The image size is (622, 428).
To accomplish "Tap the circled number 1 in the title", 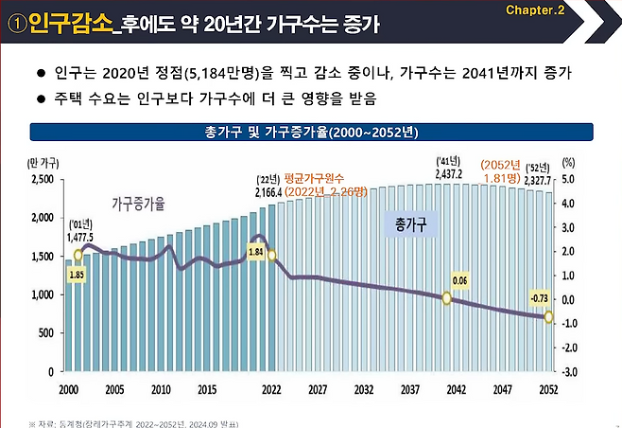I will pyautogui.click(x=16, y=23).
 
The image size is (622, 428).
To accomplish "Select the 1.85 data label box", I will pyautogui.click(x=78, y=274).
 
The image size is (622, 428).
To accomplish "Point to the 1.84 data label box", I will pyautogui.click(x=255, y=251).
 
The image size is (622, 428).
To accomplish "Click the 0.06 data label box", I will pyautogui.click(x=460, y=280).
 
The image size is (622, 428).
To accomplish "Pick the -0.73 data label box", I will pyautogui.click(x=539, y=298).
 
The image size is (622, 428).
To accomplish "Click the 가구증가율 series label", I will pyautogui.click(x=138, y=204).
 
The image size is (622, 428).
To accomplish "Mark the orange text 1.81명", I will pyautogui.click(x=507, y=176).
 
